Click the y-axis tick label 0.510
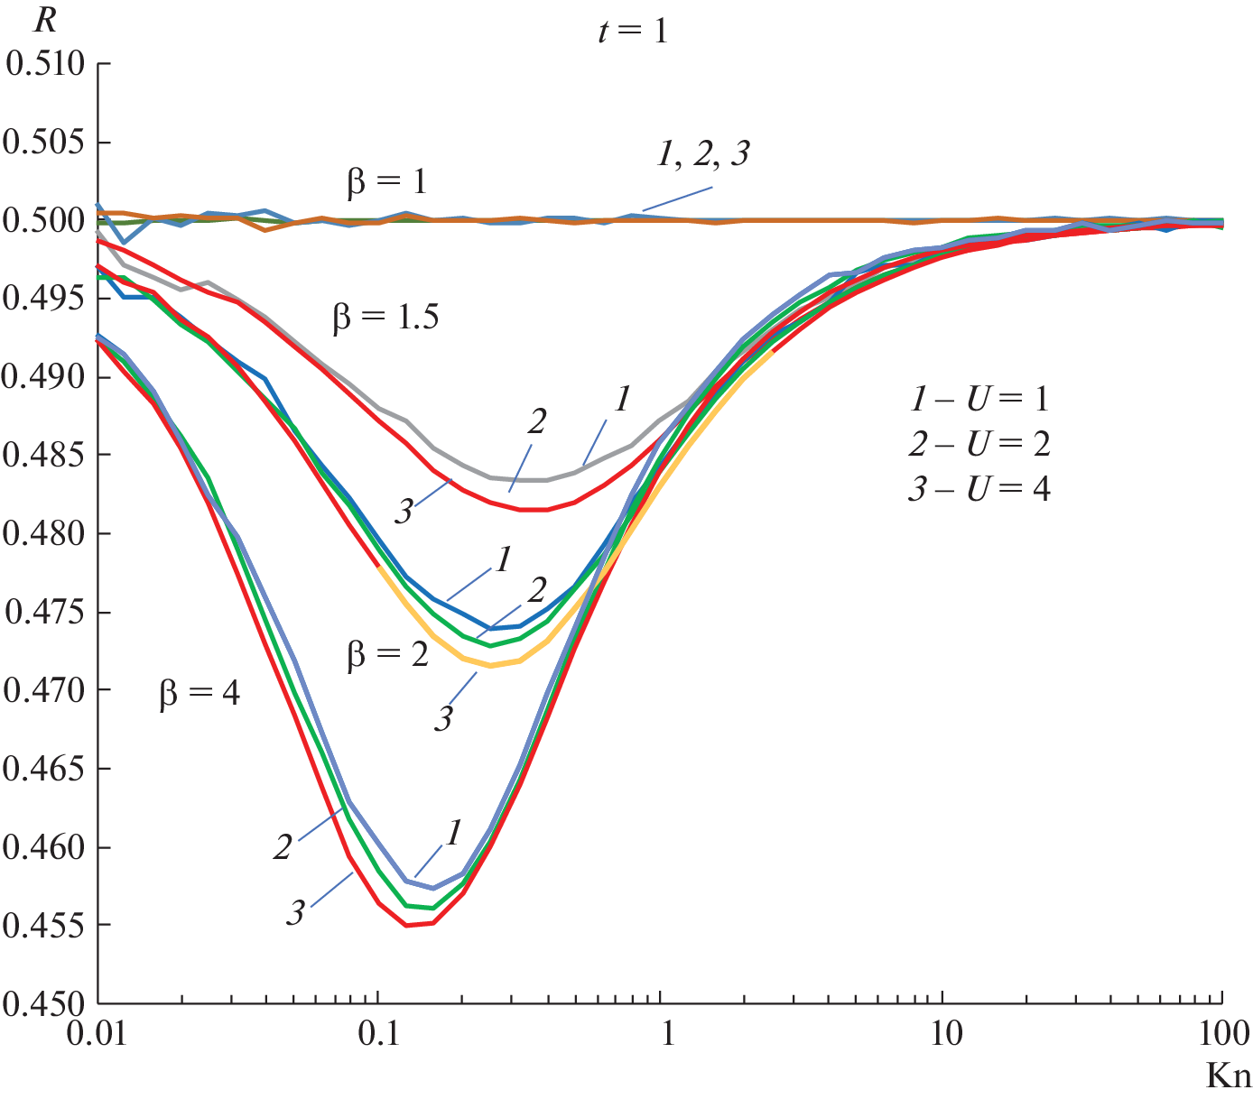pyautogui.click(x=45, y=64)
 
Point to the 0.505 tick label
pyautogui.click(x=45, y=143)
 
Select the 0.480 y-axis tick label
pyautogui.click(x=45, y=534)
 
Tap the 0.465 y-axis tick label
pyautogui.click(x=45, y=769)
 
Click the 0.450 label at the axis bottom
pyautogui.click(x=45, y=1003)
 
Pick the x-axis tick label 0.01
pyautogui.click(x=97, y=1034)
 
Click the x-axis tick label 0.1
pyautogui.click(x=378, y=1034)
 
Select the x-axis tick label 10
pyautogui.click(x=944, y=1034)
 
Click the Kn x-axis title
pyautogui.click(x=1229, y=1076)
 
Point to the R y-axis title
pyautogui.click(x=45, y=21)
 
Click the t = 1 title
pyautogui.click(x=632, y=32)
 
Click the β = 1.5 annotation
pyautogui.click(x=385, y=319)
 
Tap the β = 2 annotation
pyautogui.click(x=387, y=655)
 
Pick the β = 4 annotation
pyautogui.click(x=200, y=694)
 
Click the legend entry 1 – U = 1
pyautogui.click(x=979, y=399)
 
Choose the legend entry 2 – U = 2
pyautogui.click(x=979, y=444)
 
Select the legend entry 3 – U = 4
pyautogui.click(x=979, y=489)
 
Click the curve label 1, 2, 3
pyautogui.click(x=703, y=155)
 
